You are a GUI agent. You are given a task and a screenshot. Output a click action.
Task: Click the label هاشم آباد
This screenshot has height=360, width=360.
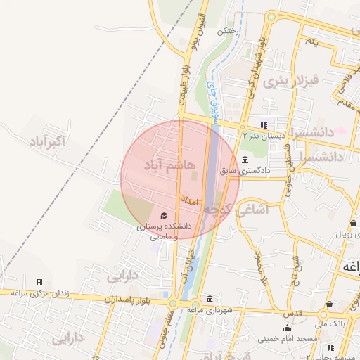[162, 165]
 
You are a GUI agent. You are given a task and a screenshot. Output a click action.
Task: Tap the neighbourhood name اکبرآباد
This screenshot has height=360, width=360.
[46, 143]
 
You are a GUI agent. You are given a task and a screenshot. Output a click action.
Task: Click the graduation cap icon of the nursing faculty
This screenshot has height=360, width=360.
[164, 215]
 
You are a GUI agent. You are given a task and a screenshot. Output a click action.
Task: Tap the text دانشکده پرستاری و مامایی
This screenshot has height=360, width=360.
[164, 231]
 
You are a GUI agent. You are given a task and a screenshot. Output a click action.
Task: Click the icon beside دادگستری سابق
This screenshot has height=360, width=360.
[244, 159]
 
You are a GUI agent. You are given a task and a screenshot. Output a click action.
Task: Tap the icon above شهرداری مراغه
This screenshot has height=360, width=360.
[210, 298]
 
